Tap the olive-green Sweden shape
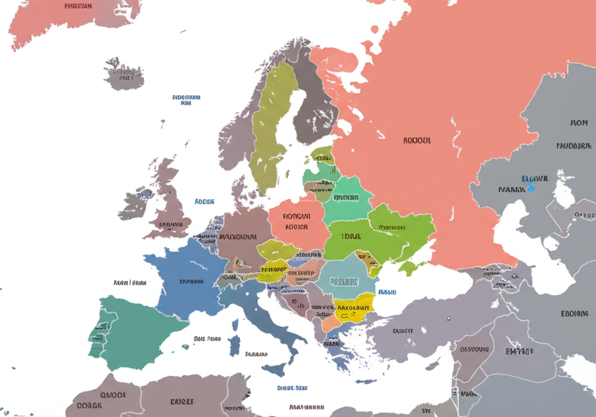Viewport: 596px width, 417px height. pos(271,128)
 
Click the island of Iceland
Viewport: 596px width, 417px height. pos(123,73)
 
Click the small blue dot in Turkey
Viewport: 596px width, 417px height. pos(448,319)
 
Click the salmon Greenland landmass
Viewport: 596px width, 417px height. pos(70,20)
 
